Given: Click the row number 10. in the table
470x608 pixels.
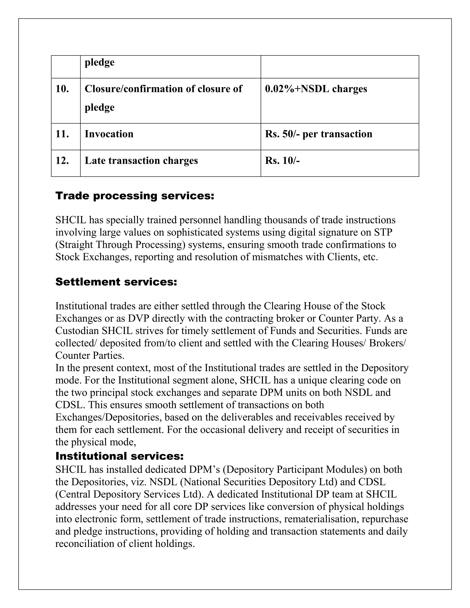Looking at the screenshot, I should [62, 89].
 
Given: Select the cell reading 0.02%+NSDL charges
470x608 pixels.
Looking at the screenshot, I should [316, 89].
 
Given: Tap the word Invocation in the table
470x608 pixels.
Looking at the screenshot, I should [109, 134].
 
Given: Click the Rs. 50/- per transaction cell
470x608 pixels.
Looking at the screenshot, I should [318, 134].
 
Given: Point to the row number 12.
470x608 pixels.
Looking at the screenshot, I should [62, 161].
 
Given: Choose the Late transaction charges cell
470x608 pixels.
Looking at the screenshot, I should [141, 161].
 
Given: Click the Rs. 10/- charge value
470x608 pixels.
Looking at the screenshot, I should [282, 161].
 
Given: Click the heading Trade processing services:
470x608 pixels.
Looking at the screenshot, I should [135, 196].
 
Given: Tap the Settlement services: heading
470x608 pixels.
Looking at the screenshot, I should [116, 282].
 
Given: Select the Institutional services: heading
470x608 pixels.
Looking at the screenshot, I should [119, 456].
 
